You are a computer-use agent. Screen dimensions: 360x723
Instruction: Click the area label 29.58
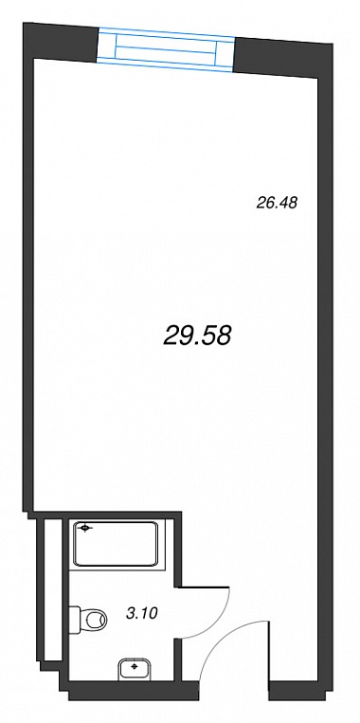(197, 335)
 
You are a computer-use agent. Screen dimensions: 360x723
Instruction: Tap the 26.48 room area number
(277, 203)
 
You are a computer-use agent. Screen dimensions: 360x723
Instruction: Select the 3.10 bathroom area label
(141, 613)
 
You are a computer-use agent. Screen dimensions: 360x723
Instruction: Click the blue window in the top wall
(166, 49)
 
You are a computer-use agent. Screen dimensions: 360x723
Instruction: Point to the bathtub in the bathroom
(117, 544)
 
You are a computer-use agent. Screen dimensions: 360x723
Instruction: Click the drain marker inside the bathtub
(85, 529)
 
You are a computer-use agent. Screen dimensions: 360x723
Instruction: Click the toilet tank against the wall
(75, 620)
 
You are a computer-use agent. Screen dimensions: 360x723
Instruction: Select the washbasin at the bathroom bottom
(135, 668)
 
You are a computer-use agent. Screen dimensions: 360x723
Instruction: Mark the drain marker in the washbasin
(135, 666)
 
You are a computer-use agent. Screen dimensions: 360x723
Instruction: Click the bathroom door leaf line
(204, 587)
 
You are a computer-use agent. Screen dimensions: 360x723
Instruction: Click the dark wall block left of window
(62, 42)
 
